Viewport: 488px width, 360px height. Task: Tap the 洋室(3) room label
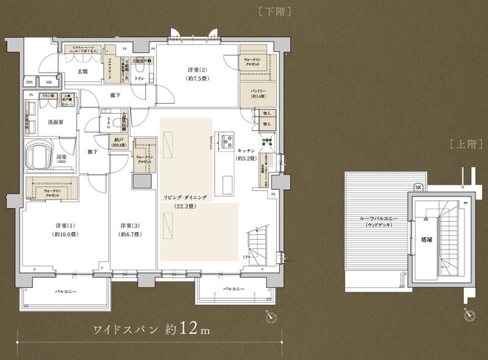click(131, 225)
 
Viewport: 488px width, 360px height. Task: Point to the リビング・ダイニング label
click(185, 198)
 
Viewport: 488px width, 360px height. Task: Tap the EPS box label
click(29, 82)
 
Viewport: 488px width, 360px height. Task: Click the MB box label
click(48, 82)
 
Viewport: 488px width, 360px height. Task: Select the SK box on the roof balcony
click(418, 187)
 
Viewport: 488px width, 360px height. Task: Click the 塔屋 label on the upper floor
click(428, 240)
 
